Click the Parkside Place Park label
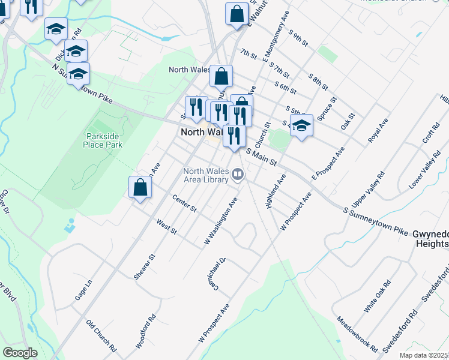pos(104,140)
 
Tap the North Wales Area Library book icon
pos(238,175)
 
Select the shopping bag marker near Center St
pos(140,187)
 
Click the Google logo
pos(20,352)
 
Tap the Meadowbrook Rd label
pos(357,334)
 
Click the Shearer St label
pos(145,266)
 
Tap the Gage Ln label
pos(83,290)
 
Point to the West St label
pos(166,227)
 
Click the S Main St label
pos(261,157)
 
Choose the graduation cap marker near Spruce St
pos(301,126)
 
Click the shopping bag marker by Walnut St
pos(237,14)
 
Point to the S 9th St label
pos(298,37)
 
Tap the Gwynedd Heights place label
pos(431,238)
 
